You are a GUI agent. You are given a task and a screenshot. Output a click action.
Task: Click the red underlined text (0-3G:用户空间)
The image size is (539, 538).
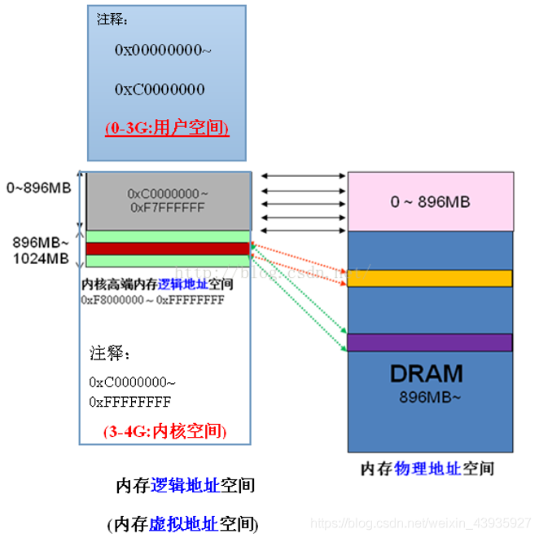[x=166, y=128]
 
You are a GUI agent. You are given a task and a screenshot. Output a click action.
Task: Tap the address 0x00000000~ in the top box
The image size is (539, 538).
[x=163, y=50]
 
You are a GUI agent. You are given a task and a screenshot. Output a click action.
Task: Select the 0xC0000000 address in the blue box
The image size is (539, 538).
[x=160, y=89]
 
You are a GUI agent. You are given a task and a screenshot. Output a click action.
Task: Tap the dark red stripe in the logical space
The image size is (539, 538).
[x=166, y=249]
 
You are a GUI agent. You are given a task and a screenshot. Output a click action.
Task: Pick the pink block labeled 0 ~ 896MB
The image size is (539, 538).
[x=429, y=201]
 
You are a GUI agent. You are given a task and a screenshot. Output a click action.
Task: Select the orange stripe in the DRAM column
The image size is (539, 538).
[x=429, y=279]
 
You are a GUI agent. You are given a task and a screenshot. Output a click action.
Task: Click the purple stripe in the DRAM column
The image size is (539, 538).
[x=429, y=342]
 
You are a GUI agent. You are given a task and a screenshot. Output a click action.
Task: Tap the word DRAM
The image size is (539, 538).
[x=426, y=374]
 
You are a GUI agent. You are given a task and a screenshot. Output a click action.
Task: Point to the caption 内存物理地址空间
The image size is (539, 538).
[x=427, y=469]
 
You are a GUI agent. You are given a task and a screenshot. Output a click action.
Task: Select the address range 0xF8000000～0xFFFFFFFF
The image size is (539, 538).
[x=152, y=300]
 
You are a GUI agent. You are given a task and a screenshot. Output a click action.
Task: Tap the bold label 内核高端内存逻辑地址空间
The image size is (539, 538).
[x=158, y=284]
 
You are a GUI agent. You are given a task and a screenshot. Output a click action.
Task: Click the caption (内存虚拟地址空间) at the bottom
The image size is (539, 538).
[x=183, y=523]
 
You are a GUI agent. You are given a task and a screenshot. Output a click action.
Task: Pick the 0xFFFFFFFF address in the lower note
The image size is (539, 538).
[x=130, y=402]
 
